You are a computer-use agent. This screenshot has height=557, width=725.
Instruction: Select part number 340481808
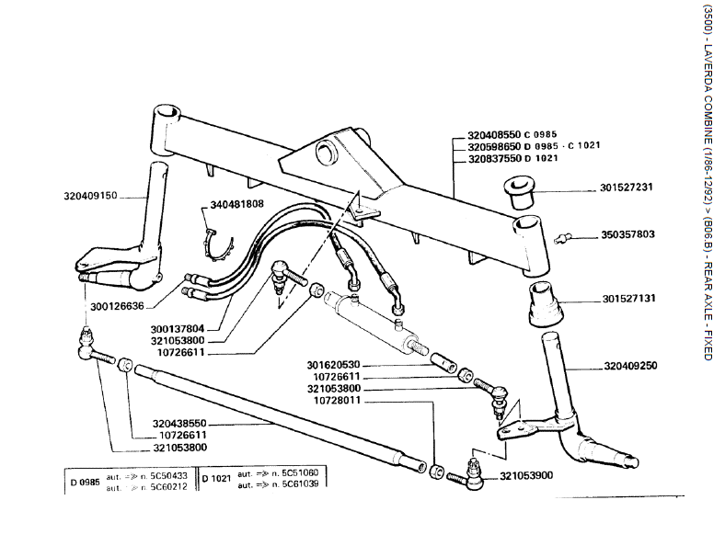[237, 203]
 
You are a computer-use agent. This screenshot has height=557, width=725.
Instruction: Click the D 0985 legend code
[85, 481]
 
